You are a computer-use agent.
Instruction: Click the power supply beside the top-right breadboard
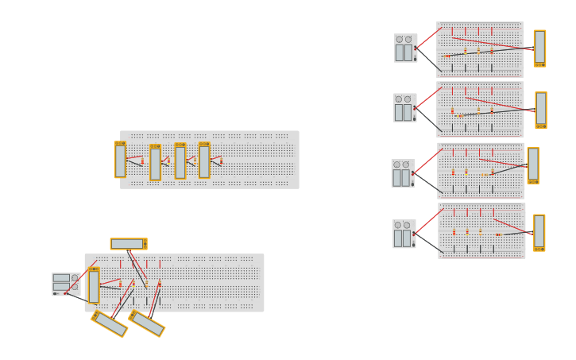pyautogui.click(x=405, y=48)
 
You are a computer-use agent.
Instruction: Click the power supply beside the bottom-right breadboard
pyautogui.click(x=404, y=234)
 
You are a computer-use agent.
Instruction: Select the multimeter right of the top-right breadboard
pyautogui.click(x=539, y=48)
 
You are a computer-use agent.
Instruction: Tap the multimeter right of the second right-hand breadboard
pyautogui.click(x=540, y=110)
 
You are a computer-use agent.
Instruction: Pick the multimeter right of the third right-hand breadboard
pyautogui.click(x=533, y=165)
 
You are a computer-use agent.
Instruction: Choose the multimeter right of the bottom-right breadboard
pyautogui.click(x=539, y=233)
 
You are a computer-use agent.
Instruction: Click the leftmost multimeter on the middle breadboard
pyautogui.click(x=120, y=160)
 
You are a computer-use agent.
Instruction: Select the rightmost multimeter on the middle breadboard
pyautogui.click(x=204, y=160)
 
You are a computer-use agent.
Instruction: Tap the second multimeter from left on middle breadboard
pyautogui.click(x=155, y=162)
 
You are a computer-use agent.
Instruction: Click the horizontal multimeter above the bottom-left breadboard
pyautogui.click(x=128, y=244)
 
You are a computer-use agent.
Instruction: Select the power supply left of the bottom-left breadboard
pyautogui.click(x=65, y=284)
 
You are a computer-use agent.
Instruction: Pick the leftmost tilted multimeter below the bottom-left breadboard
pyautogui.click(x=110, y=323)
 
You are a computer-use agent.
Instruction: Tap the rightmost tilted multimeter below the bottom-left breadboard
pyautogui.click(x=147, y=323)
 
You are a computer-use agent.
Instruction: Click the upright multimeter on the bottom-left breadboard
pyautogui.click(x=94, y=286)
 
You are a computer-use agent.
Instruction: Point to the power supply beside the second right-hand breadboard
pyautogui.click(x=404, y=108)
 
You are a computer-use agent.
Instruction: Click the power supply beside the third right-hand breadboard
pyautogui.click(x=403, y=173)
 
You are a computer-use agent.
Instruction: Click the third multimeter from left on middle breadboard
pyautogui.click(x=180, y=161)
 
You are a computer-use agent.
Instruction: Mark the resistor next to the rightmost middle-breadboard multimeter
pyautogui.click(x=221, y=161)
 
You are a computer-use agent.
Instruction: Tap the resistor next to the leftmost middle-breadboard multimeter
pyautogui.click(x=142, y=161)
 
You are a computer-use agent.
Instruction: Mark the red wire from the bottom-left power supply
pyautogui.click(x=87, y=268)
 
